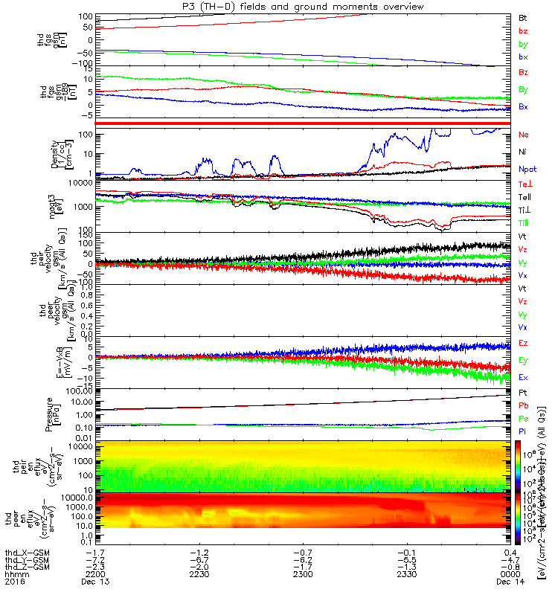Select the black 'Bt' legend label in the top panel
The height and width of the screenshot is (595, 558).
[523, 17]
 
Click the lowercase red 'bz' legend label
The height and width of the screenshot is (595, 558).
[523, 31]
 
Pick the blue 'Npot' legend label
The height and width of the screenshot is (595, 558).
[527, 169]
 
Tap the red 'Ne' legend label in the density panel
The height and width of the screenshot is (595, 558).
[523, 135]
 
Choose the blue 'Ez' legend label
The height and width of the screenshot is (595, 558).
[523, 343]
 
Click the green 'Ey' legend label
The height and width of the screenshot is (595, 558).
[523, 360]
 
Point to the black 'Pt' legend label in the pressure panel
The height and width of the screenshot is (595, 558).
[523, 393]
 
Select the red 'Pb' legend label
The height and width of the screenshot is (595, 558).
[523, 407]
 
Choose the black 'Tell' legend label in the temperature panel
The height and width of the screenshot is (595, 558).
[525, 196]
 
